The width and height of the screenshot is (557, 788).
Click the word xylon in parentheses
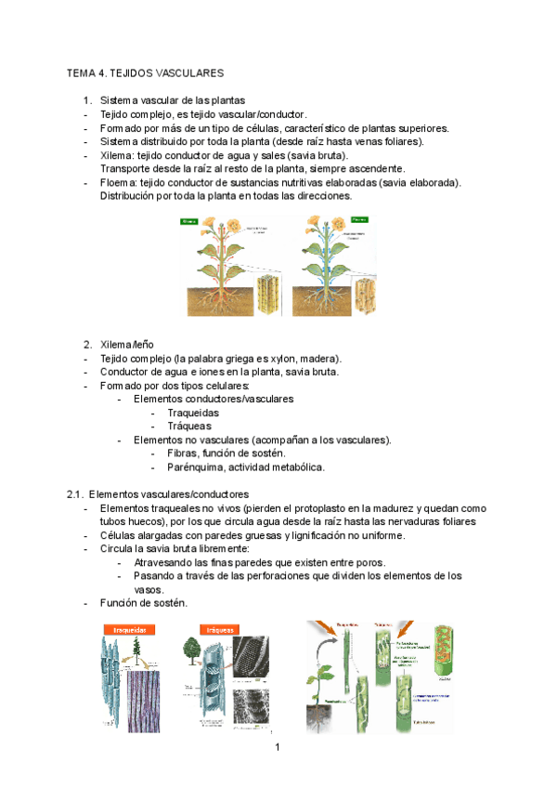point(302,359)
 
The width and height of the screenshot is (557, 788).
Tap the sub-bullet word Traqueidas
point(193,413)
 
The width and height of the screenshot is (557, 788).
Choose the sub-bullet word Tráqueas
point(188,427)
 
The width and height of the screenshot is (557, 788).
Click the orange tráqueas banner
point(219,629)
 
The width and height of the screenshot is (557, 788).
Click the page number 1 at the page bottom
point(278,747)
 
